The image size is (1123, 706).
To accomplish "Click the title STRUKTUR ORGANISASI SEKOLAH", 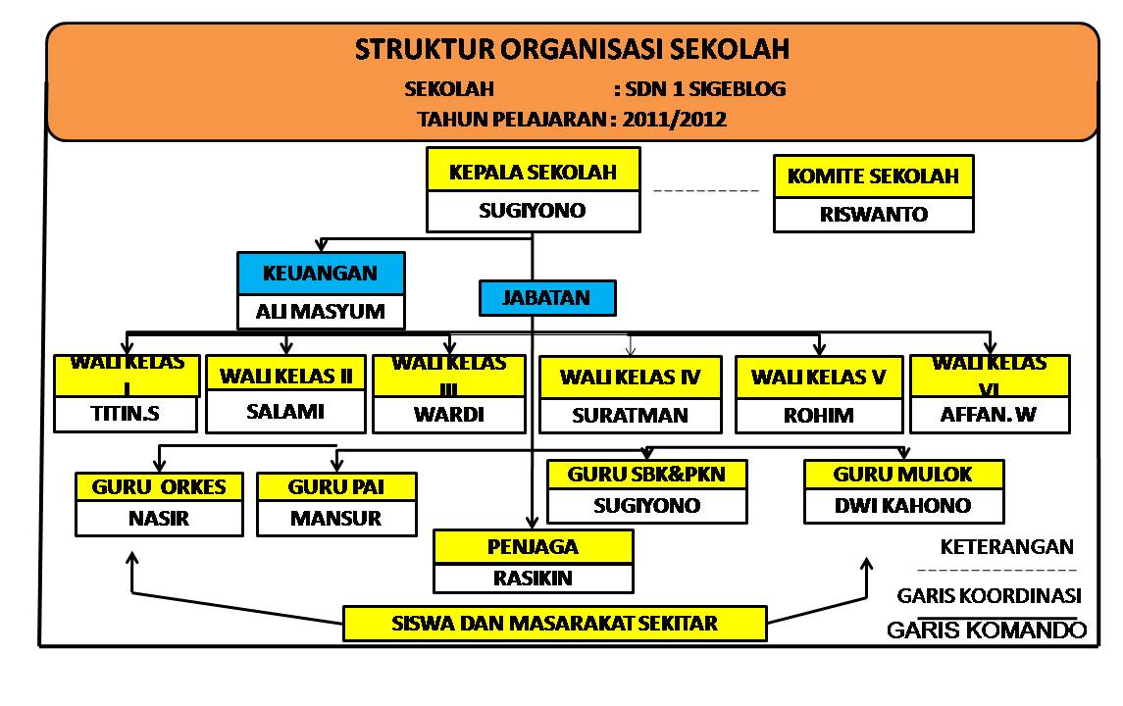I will tap(572, 49).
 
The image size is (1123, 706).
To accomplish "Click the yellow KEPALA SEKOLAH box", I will tap(533, 173).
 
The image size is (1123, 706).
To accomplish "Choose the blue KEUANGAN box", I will tap(320, 274).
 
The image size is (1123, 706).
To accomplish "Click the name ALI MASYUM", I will tap(320, 313).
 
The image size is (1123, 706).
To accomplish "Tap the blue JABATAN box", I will tap(547, 298).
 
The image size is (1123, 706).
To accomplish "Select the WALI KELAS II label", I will tap(285, 375).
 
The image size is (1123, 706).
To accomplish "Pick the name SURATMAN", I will tap(630, 415).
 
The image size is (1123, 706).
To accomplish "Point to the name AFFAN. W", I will tap(989, 415).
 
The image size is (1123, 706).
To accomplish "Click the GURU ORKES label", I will tap(159, 486).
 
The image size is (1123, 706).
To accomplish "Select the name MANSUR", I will tap(335, 519).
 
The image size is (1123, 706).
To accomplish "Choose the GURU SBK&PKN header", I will tap(644, 475).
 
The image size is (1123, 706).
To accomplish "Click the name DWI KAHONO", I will tap(903, 506).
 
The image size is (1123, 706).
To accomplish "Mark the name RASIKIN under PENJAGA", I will tap(533, 578).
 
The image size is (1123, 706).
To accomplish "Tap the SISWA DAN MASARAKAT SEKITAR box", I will tap(554, 623).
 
